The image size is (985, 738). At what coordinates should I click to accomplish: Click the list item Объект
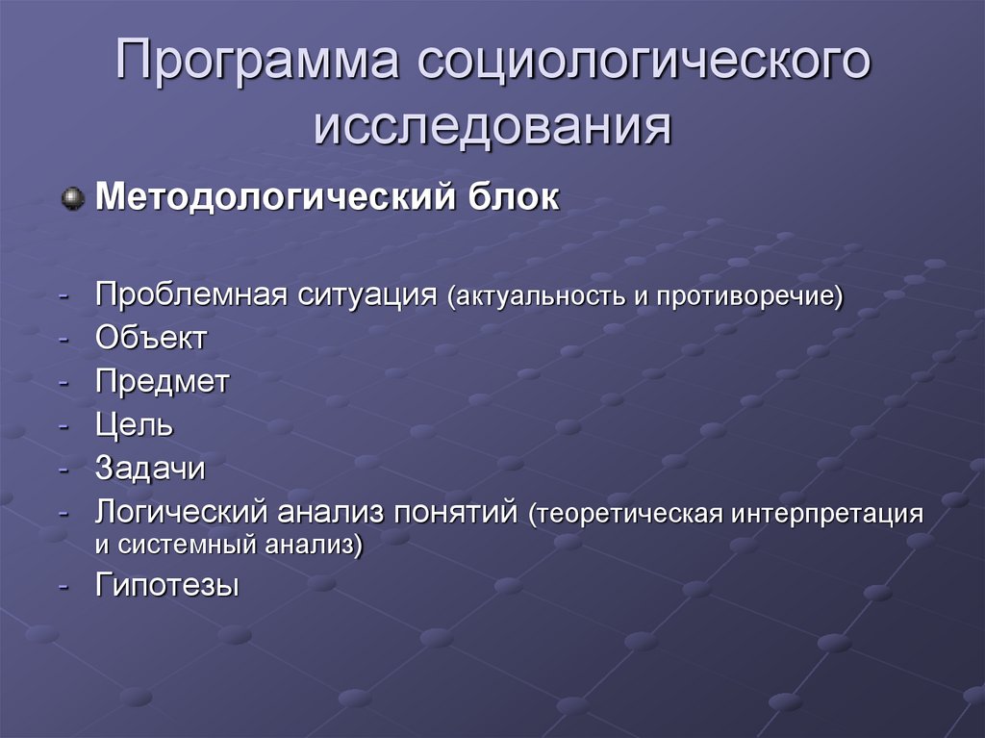click(151, 339)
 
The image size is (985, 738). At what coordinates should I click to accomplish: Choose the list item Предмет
click(162, 382)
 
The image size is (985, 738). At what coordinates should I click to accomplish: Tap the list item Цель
click(134, 425)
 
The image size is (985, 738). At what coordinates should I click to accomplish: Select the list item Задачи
click(150, 469)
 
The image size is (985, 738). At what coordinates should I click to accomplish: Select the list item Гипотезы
click(166, 585)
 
